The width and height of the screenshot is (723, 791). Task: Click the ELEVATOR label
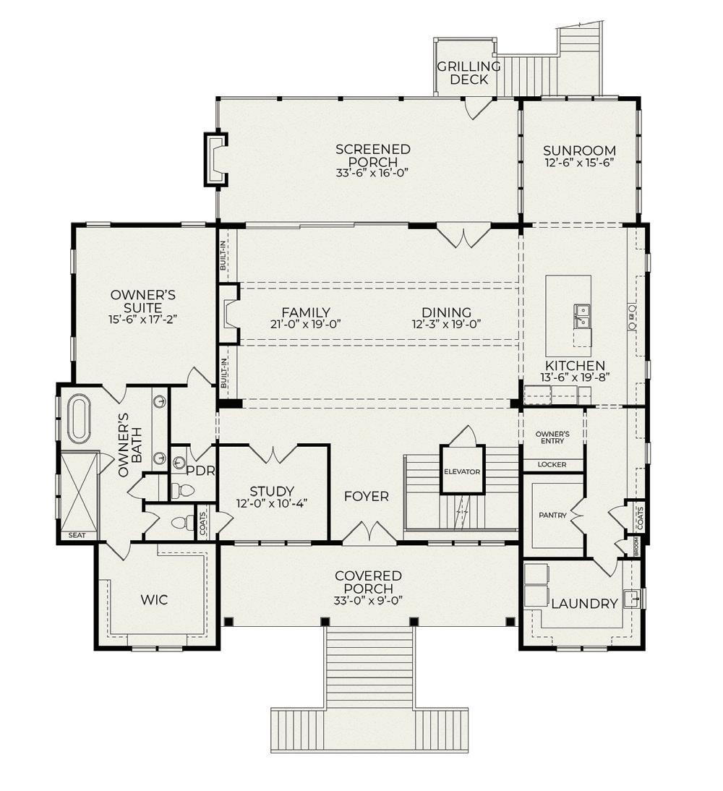click(462, 471)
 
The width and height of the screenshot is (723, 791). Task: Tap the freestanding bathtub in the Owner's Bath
click(77, 418)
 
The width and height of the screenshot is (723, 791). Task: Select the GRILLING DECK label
click(469, 72)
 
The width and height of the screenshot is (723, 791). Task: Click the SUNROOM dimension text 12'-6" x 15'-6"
click(579, 163)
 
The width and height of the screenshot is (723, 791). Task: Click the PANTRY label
click(552, 516)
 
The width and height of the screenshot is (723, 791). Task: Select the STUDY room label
click(272, 491)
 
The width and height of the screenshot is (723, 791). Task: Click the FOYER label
click(367, 497)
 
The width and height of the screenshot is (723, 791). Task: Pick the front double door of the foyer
click(370, 532)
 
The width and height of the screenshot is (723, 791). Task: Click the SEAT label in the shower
click(77, 535)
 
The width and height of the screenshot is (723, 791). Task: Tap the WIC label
click(154, 600)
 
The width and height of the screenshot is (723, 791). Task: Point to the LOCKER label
click(552, 465)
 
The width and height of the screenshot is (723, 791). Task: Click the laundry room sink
click(631, 599)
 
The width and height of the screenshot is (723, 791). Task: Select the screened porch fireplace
click(216, 159)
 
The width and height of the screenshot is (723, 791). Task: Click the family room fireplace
click(228, 315)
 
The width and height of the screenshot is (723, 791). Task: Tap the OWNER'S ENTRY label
click(552, 437)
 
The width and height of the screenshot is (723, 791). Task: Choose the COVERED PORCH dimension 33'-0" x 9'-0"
click(368, 602)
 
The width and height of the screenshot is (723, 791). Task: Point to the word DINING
click(447, 312)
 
